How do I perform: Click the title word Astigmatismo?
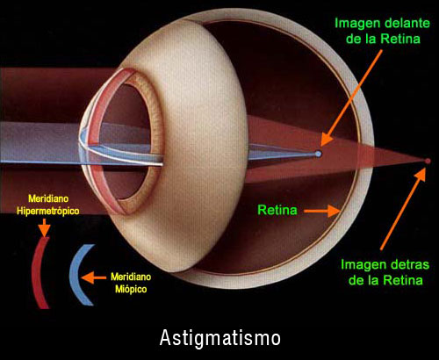(220, 339)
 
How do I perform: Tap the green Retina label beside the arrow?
(277, 210)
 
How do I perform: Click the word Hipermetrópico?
(48, 211)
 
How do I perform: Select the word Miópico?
(131, 289)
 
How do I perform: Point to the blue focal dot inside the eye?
(318, 154)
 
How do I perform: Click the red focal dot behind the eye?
(428, 161)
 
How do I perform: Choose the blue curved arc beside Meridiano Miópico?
(80, 275)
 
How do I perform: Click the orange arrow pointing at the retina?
(321, 211)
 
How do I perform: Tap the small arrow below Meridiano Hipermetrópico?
(44, 227)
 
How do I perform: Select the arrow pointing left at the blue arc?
(93, 277)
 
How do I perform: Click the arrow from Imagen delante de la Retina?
(351, 97)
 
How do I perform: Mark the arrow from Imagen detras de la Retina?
(403, 209)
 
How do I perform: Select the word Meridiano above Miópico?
(131, 277)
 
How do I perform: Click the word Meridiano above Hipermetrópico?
(48, 198)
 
